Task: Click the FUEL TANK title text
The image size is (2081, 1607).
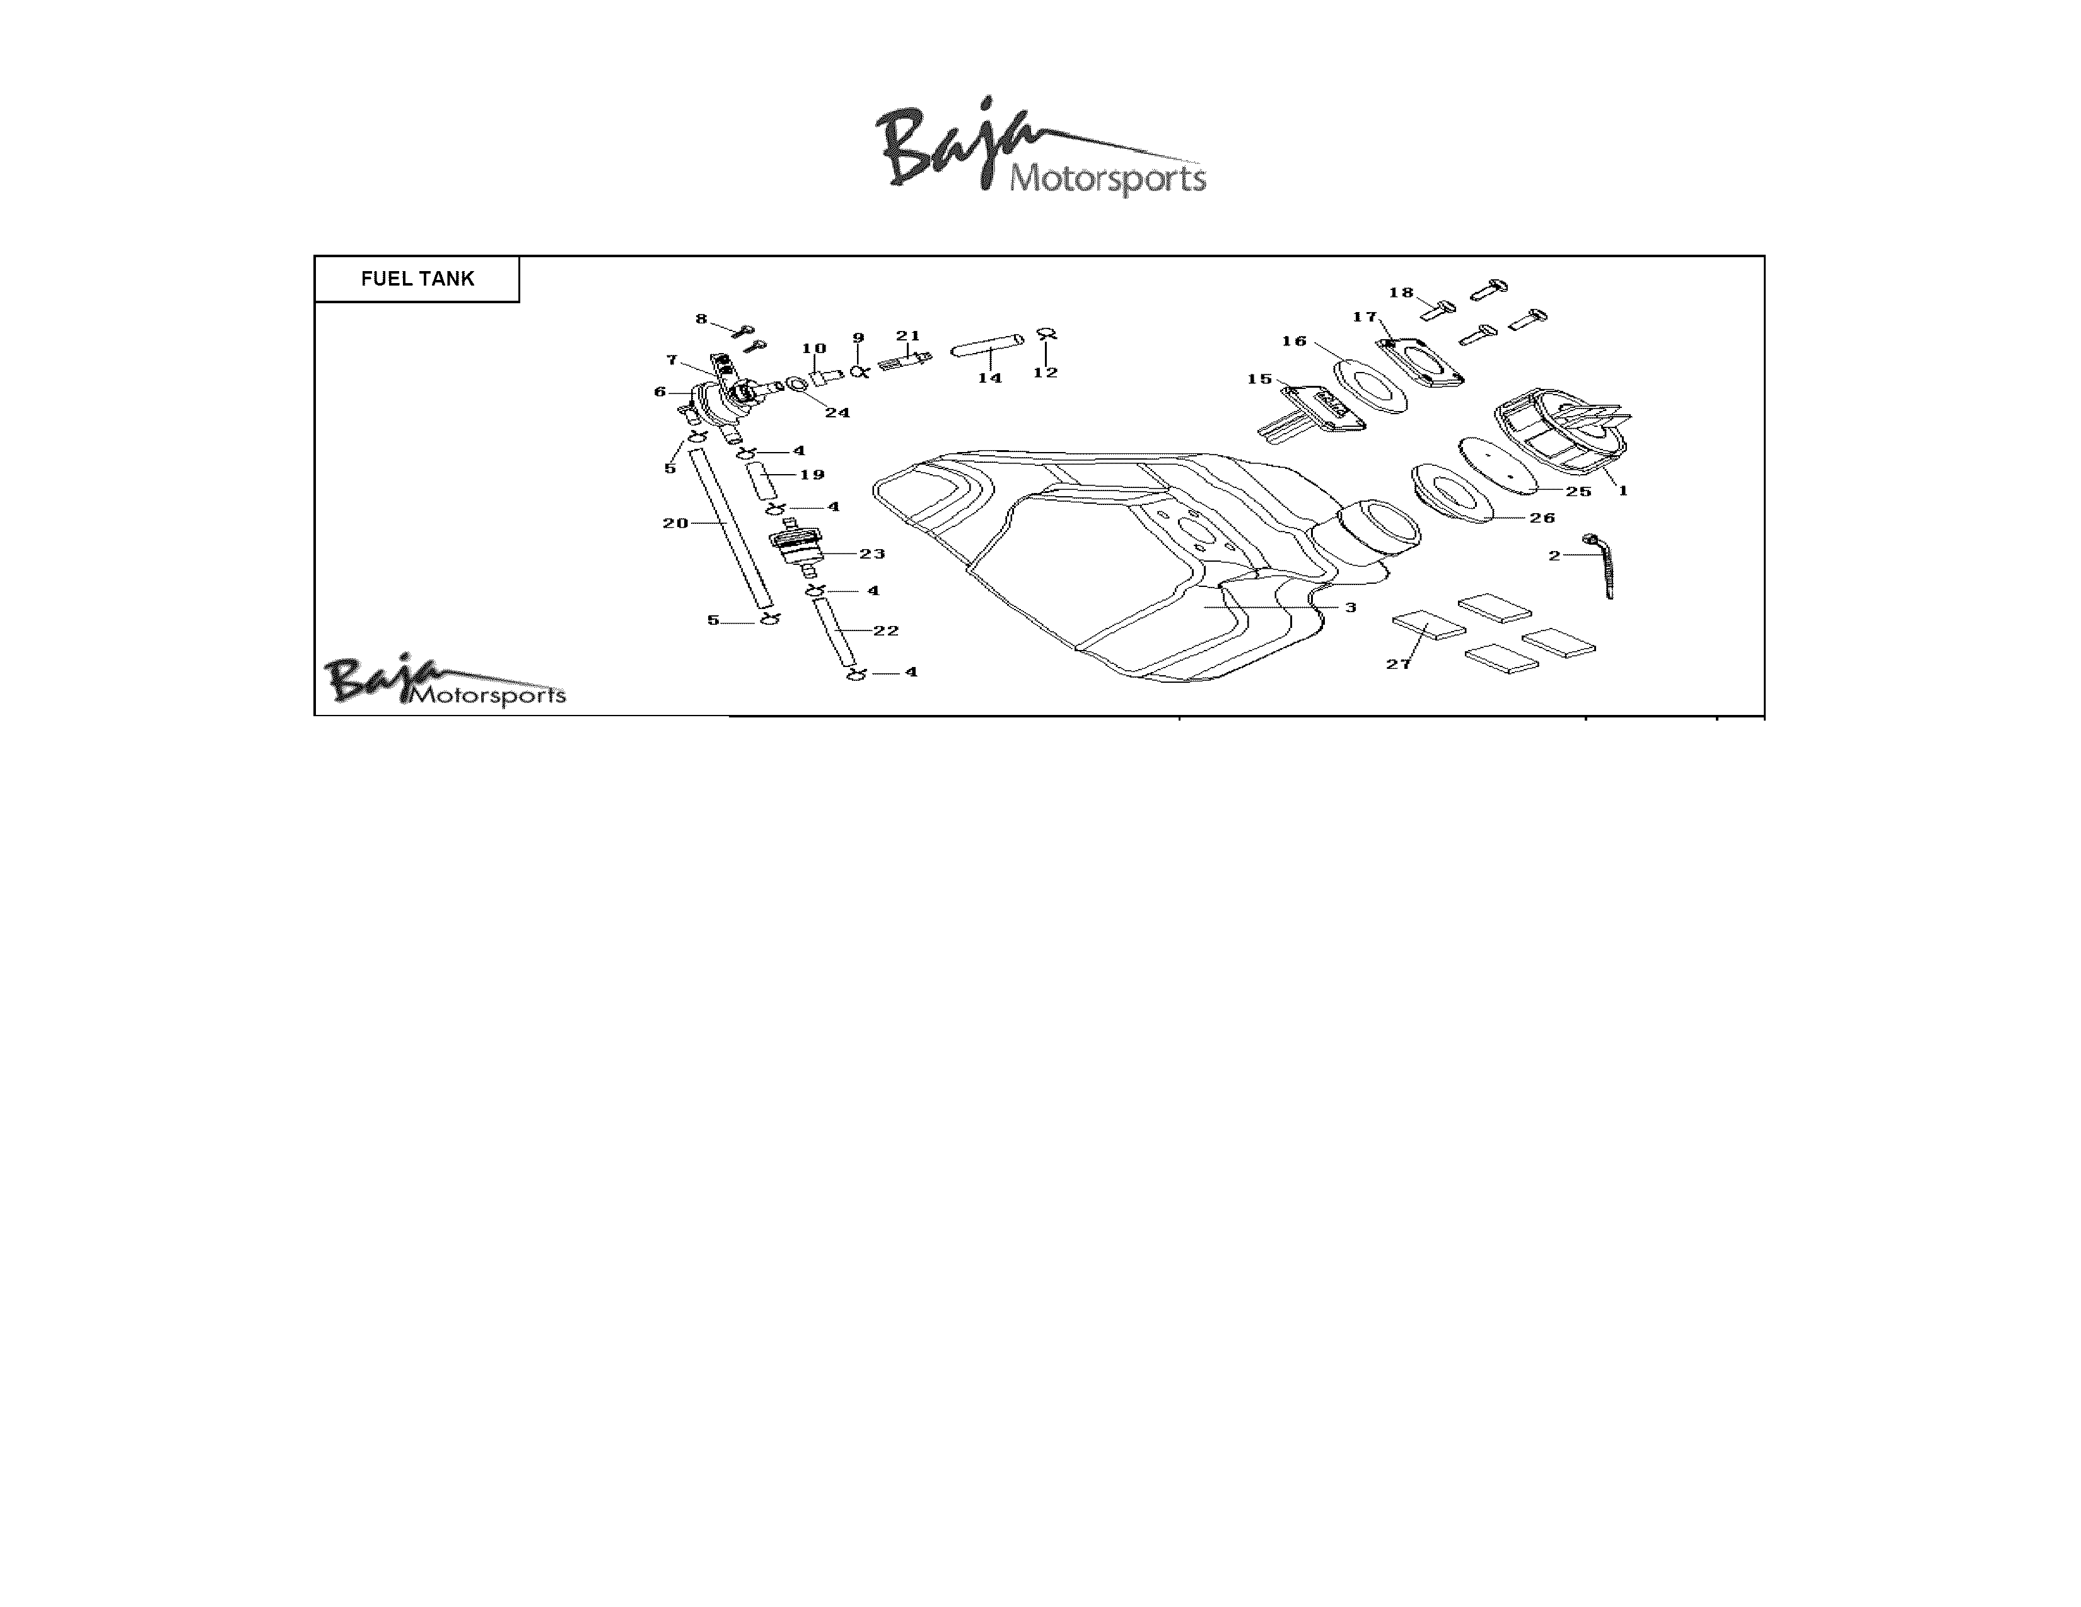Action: click(417, 279)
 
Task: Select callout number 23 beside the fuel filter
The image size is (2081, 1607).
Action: click(872, 554)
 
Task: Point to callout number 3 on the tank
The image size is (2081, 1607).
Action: click(1350, 606)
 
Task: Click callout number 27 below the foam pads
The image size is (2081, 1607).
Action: click(1398, 664)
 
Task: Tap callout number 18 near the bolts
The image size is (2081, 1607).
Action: click(1401, 293)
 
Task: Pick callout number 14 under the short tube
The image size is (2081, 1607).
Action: click(990, 378)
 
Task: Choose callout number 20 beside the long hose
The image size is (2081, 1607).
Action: click(675, 523)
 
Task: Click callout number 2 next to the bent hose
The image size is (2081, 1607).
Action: click(1554, 555)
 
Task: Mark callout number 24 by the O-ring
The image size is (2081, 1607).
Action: click(837, 412)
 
